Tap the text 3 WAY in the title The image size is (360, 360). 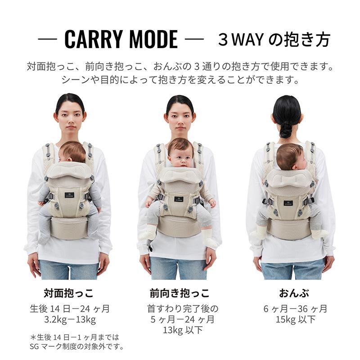point(241,40)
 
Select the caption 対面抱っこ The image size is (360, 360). point(69,293)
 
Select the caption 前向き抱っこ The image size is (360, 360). point(180,293)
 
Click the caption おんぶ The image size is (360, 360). point(294,293)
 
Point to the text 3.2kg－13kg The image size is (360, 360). point(70,319)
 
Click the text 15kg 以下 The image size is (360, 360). point(296,319)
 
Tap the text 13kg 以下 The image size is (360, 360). point(183,330)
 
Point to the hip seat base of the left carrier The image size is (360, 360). point(68,227)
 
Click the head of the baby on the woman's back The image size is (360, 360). point(291,156)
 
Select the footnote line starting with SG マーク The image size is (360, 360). point(76,346)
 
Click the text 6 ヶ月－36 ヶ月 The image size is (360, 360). point(295,309)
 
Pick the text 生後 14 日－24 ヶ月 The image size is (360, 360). point(70,309)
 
